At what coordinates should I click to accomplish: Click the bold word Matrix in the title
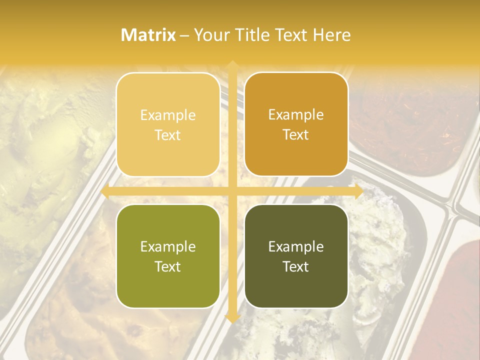(148, 35)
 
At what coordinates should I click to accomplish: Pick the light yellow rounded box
(168, 124)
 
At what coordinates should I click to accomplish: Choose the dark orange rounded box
(296, 124)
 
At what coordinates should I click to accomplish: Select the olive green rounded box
(168, 256)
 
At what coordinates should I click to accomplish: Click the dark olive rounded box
(296, 256)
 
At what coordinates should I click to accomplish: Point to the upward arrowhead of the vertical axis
(232, 65)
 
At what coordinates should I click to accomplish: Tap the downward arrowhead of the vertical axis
(232, 317)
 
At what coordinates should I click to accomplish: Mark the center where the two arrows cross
(232, 191)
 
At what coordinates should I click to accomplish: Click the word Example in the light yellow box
(168, 115)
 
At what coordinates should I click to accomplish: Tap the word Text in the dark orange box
(296, 135)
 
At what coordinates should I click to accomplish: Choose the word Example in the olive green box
(168, 247)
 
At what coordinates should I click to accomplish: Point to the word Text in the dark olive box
(296, 266)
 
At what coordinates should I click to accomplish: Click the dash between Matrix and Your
(184, 35)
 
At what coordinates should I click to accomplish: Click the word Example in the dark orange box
(296, 115)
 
